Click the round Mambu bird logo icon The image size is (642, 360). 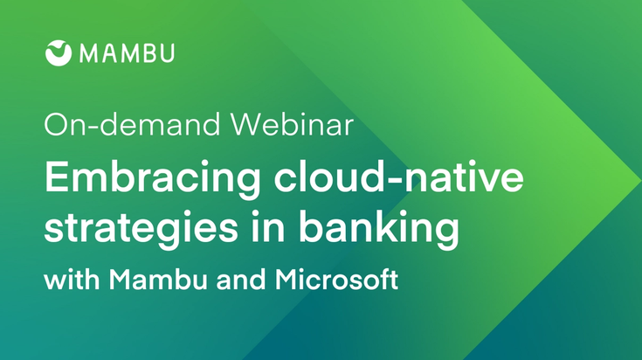59,53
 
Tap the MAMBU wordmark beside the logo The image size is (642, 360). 128,53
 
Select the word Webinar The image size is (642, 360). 292,124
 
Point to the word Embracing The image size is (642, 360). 152,177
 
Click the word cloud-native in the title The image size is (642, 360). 399,176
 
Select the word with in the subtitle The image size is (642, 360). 72,280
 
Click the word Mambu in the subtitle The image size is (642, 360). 158,280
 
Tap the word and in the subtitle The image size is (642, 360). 240,280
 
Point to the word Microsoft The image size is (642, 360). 336,280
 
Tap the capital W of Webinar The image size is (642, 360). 250,124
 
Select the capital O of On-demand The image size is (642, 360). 55,124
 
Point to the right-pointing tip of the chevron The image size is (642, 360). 640,179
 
